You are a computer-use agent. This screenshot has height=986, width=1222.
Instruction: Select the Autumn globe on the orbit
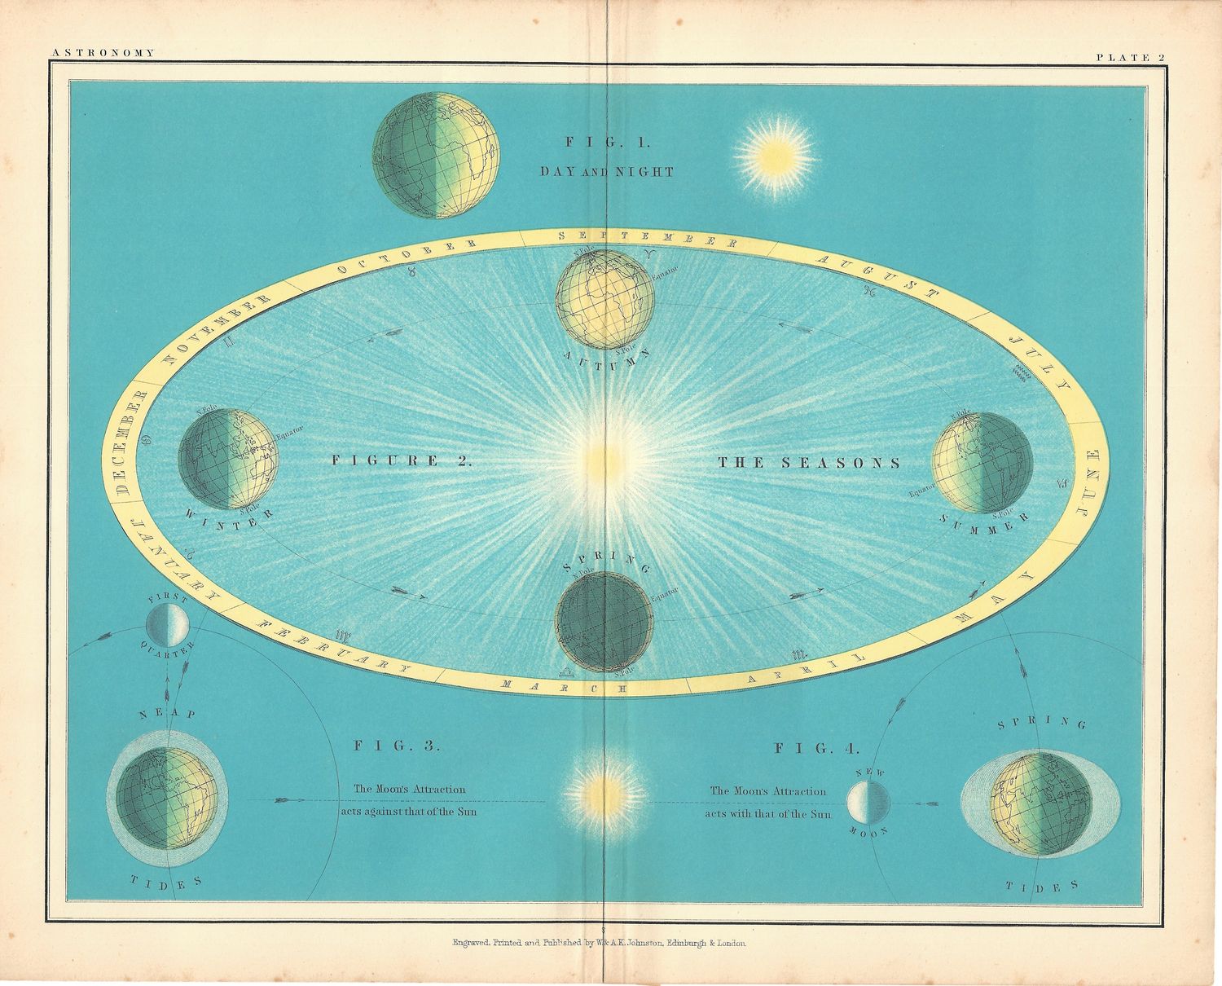coord(604,299)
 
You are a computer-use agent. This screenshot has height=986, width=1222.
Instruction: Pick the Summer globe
coord(982,463)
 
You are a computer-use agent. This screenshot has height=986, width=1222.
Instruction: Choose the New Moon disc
coord(868,802)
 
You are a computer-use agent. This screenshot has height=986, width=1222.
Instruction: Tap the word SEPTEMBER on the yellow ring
coord(649,238)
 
